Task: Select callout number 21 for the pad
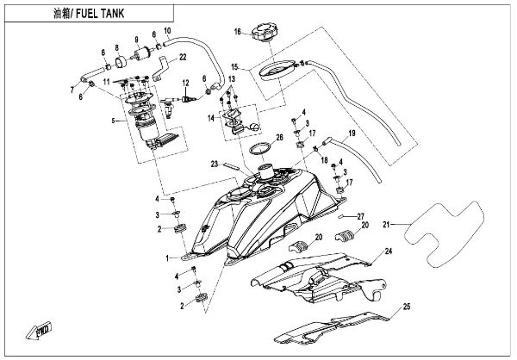(388, 225)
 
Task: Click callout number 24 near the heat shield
(388, 251)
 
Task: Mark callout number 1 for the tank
(167, 258)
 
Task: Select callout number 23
(213, 163)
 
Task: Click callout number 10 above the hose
(167, 33)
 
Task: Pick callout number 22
(182, 58)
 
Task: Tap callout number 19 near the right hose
(352, 134)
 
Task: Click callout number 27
(363, 214)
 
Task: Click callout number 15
(234, 65)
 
